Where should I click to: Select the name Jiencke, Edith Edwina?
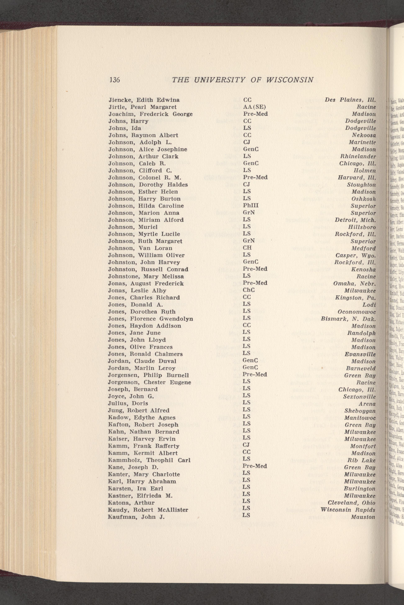(144, 100)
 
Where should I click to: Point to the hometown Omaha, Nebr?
(354, 283)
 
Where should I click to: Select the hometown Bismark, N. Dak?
(348, 319)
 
